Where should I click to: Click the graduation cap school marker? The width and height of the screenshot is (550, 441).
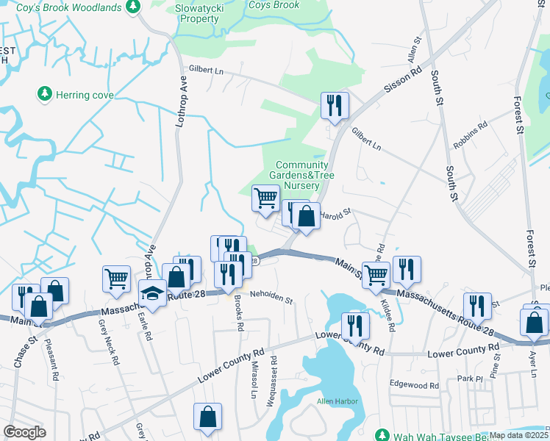click(153, 293)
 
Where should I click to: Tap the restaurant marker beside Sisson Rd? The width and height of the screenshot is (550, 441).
click(335, 105)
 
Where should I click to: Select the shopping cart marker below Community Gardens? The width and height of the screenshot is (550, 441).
click(265, 197)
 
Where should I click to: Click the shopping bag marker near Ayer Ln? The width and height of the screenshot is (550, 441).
click(533, 322)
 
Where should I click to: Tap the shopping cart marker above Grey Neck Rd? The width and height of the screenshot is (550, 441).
click(116, 279)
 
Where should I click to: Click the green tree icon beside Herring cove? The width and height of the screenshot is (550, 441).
click(44, 94)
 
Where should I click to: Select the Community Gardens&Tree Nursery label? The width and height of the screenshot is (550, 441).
click(301, 176)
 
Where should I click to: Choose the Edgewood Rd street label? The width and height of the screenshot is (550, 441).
click(414, 385)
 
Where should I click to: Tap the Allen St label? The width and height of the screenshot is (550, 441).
click(415, 49)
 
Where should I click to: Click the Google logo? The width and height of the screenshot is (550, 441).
click(24, 432)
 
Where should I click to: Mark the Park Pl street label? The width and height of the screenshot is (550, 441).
click(468, 379)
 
